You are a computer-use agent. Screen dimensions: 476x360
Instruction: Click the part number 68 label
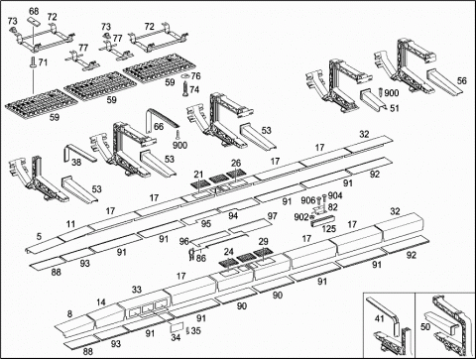click(x=34, y=11)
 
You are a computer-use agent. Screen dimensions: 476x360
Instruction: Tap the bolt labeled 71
click(x=34, y=62)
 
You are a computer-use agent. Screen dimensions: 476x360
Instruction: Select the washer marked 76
click(x=185, y=76)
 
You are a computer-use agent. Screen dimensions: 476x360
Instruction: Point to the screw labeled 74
click(x=185, y=88)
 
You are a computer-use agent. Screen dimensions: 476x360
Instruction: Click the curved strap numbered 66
click(x=161, y=116)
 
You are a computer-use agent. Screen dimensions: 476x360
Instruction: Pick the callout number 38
click(x=76, y=162)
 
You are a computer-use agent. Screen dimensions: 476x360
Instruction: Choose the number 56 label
click(x=462, y=80)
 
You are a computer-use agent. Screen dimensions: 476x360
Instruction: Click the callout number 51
click(x=395, y=108)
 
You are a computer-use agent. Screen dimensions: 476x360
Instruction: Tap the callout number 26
click(x=236, y=163)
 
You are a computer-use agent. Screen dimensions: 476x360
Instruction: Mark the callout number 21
click(x=198, y=175)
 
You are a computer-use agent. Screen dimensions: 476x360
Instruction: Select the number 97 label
click(x=272, y=216)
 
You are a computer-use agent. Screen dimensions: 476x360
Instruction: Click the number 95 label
click(x=206, y=224)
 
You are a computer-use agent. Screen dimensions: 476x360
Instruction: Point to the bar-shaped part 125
click(x=322, y=221)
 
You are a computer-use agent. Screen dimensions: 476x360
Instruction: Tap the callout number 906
click(x=308, y=200)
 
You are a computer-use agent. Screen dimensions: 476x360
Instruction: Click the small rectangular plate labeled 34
click(x=177, y=326)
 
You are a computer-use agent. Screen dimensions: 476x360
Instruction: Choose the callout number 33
click(x=137, y=290)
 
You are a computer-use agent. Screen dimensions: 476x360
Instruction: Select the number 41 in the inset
click(x=379, y=318)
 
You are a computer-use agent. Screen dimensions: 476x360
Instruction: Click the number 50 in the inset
click(x=425, y=326)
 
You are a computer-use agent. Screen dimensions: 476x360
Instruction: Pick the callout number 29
click(x=263, y=242)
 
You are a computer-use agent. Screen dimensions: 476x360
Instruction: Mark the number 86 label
click(x=200, y=258)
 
